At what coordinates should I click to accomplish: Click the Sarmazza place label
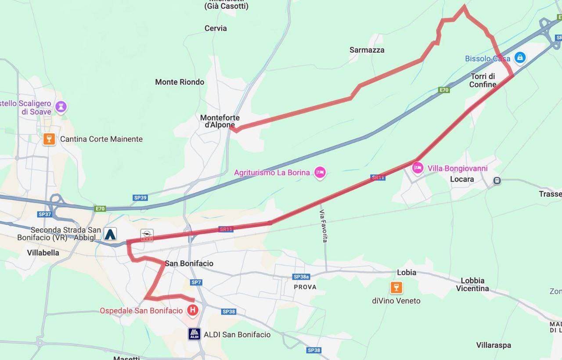(367, 50)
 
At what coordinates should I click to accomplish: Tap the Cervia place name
(216, 28)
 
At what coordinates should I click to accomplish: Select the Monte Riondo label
(180, 82)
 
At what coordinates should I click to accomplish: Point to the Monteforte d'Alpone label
(220, 121)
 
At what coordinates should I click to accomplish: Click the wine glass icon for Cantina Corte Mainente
(49, 139)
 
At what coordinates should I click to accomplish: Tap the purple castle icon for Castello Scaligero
(61, 106)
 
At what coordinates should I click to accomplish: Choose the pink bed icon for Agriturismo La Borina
(320, 173)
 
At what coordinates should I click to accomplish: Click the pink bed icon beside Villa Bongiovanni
(418, 167)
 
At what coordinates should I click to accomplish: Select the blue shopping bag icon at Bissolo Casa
(520, 57)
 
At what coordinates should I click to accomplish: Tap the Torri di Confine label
(483, 80)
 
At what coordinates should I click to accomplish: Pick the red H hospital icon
(192, 311)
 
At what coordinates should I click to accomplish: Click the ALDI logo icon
(195, 334)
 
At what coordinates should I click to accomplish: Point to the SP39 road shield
(140, 198)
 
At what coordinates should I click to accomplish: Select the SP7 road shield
(196, 282)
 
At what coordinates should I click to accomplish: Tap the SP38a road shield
(301, 277)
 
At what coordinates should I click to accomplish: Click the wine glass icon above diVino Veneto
(396, 288)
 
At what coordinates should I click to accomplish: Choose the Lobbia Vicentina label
(472, 284)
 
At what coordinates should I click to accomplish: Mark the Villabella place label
(43, 253)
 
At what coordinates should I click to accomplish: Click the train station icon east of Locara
(497, 180)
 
